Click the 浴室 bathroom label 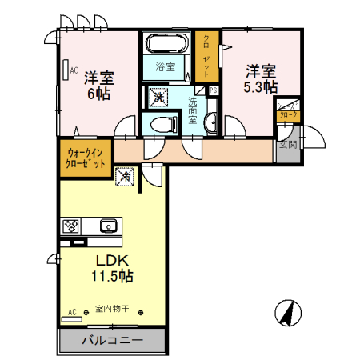165,67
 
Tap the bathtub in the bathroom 166,44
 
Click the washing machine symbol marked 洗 158,97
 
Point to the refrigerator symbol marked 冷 125,176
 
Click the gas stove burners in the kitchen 71,225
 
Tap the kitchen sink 107,225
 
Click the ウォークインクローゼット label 86,156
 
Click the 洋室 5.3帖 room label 261,78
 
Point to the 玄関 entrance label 287,146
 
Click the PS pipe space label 213,90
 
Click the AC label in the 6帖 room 72,70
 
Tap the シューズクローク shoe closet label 287,110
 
